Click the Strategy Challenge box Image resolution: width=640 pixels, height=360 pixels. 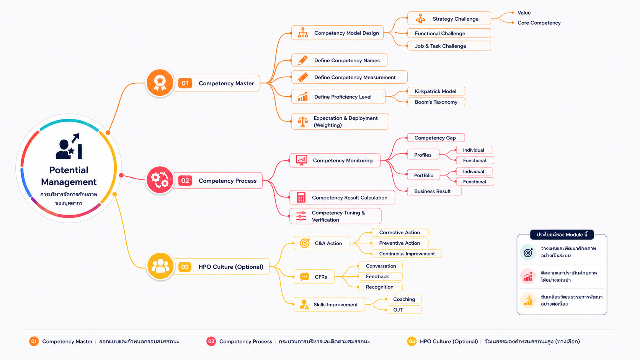pyautogui.click(x=449, y=19)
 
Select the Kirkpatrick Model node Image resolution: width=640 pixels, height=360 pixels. pyautogui.click(x=436, y=91)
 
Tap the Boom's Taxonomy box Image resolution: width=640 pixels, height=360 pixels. pyautogui.click(x=436, y=102)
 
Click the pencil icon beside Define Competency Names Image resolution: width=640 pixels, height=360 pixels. pyautogui.click(x=303, y=60)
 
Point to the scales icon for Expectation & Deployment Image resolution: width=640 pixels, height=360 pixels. pyautogui.click(x=303, y=121)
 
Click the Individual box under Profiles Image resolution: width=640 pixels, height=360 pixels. pyautogui.click(x=474, y=150)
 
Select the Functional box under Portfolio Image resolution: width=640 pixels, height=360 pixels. pyautogui.click(x=475, y=182)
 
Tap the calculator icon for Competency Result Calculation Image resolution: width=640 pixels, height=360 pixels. pyautogui.click(x=301, y=197)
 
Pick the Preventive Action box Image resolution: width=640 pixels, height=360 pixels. pyautogui.click(x=400, y=243)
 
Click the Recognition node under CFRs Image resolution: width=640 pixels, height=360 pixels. pyautogui.click(x=380, y=287)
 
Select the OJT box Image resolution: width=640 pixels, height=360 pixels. pyautogui.click(x=404, y=310)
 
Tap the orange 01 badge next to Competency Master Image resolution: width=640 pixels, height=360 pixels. pyautogui.click(x=185, y=83)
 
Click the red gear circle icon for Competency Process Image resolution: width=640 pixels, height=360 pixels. pyautogui.click(x=160, y=180)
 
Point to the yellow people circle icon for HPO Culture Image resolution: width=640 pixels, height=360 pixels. pyautogui.click(x=160, y=266)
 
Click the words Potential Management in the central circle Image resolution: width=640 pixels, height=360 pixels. pyautogui.click(x=69, y=176)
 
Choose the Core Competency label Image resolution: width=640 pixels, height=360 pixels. pyautogui.click(x=539, y=23)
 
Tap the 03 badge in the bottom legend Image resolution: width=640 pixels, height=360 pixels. pyautogui.click(x=412, y=341)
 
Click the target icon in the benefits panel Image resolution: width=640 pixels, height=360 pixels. pyautogui.click(x=528, y=252)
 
